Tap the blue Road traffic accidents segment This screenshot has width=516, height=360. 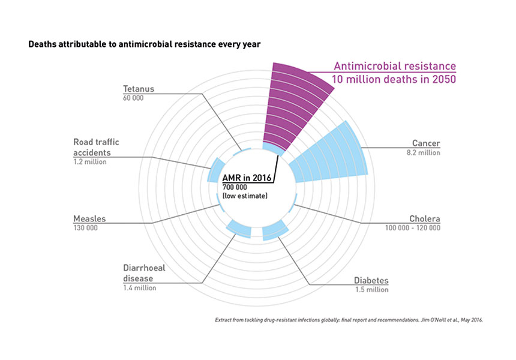(x=215, y=170)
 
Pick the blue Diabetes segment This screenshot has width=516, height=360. (x=275, y=230)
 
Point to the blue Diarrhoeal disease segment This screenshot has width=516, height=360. (x=239, y=229)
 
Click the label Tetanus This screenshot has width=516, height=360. (x=139, y=89)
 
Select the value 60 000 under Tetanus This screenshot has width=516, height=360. (x=133, y=98)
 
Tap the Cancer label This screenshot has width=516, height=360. (x=426, y=143)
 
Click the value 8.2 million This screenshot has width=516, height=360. (x=423, y=152)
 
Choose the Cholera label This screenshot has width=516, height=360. (x=425, y=218)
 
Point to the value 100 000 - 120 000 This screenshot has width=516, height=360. (x=413, y=228)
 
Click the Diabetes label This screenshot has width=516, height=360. (x=371, y=280)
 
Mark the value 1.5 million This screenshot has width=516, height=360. (x=372, y=290)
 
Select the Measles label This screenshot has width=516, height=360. (x=89, y=218)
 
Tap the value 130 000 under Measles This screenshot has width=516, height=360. (x=86, y=228)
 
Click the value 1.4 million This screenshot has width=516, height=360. (x=140, y=288)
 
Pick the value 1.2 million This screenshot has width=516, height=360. (x=90, y=162)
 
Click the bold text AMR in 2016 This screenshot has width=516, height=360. (x=247, y=178)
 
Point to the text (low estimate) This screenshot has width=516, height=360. (x=245, y=196)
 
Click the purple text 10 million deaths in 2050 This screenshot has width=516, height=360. (x=394, y=79)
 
